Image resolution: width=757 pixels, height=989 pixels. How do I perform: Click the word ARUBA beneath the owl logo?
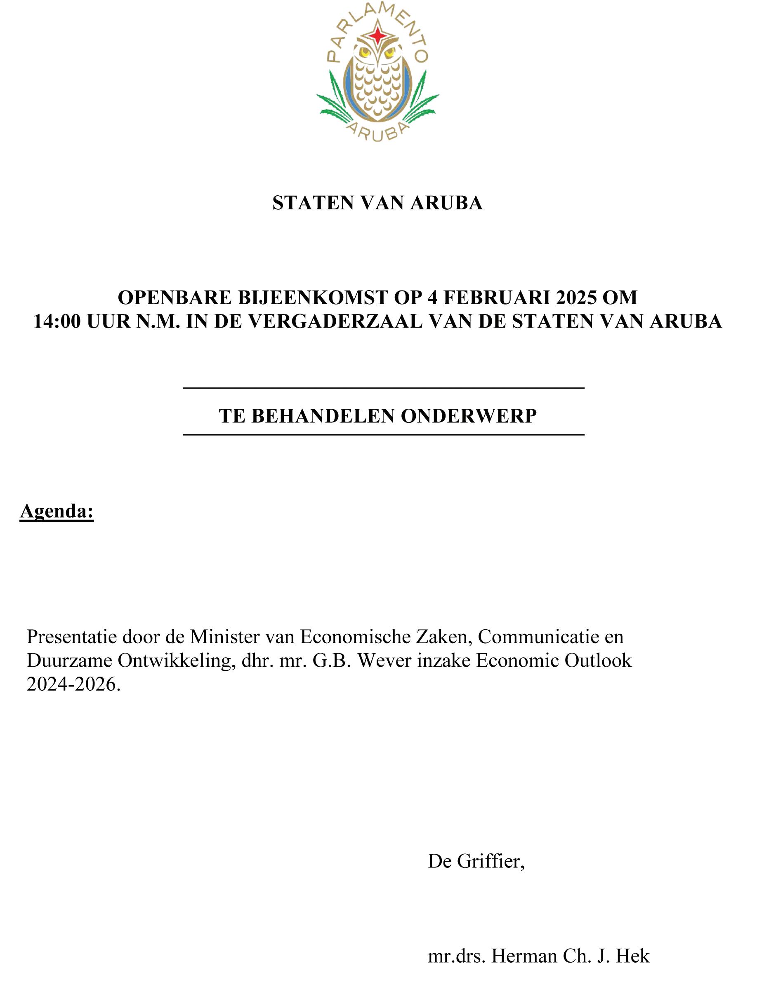point(377,131)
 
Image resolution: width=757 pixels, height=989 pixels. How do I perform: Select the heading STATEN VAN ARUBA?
point(377,203)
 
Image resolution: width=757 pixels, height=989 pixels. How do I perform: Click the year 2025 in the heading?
point(575,298)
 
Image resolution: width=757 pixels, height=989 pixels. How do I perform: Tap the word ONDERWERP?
point(469,416)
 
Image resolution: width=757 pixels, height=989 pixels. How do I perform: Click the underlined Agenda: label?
point(57,511)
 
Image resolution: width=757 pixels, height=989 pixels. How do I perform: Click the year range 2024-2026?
point(73,684)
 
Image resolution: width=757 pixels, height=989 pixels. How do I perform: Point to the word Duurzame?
point(69,661)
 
